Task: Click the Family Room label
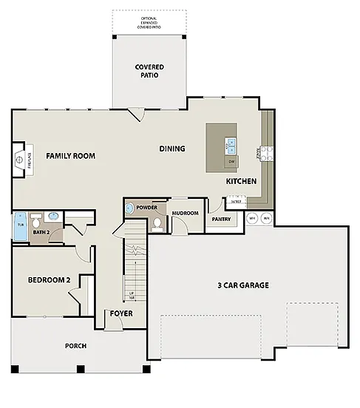pos(70,156)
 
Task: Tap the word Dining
pos(171,149)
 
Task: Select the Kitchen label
pos(241,181)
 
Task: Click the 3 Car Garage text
pos(242,285)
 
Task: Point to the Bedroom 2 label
pos(49,280)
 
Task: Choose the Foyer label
pos(121,313)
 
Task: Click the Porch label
pos(75,345)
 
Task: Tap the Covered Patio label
pos(149,72)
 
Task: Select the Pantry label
pos(221,219)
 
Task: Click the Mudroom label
pos(185,213)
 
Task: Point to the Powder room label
pos(146,208)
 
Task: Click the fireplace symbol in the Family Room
pos(20,160)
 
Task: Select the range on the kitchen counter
pos(265,154)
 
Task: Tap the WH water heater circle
pos(252,219)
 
